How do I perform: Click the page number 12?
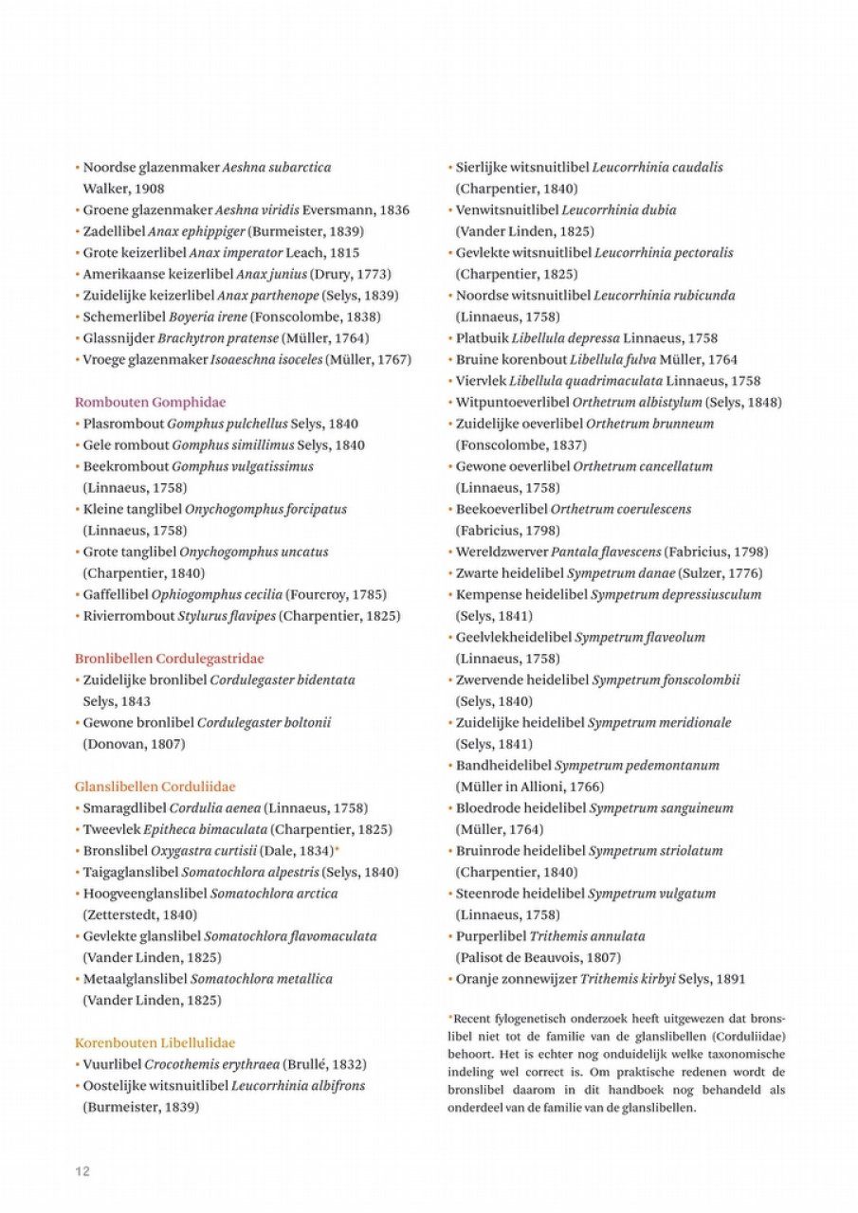coord(82,1170)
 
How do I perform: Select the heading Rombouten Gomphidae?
coord(150,402)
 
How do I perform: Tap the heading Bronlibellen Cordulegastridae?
coord(169,658)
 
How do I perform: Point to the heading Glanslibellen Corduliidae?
coord(155,787)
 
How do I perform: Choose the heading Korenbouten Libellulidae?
coord(155,1042)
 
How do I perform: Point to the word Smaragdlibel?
coord(124,808)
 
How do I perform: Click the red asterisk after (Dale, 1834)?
coord(337,849)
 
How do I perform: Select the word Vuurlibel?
coord(112,1064)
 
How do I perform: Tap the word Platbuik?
coord(483,338)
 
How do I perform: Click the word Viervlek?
coord(481,381)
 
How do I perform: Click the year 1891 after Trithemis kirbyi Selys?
coord(731,979)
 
